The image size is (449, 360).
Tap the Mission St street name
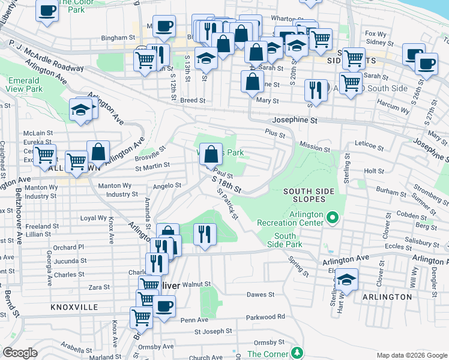[x=315, y=146]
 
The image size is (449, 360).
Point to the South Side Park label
[x=285, y=241]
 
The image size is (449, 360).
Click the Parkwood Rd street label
[x=265, y=317]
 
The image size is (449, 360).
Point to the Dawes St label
[x=261, y=295]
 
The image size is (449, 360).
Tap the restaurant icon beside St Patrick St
[x=205, y=235]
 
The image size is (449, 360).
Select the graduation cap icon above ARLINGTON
[x=346, y=279]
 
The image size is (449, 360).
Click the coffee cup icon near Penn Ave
[x=163, y=306]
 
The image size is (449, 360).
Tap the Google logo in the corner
[x=20, y=353]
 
